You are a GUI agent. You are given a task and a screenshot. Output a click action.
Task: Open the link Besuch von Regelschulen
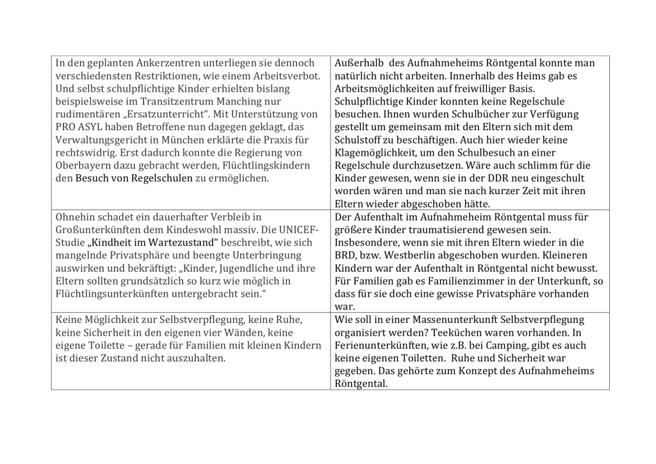pyautogui.click(x=134, y=178)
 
